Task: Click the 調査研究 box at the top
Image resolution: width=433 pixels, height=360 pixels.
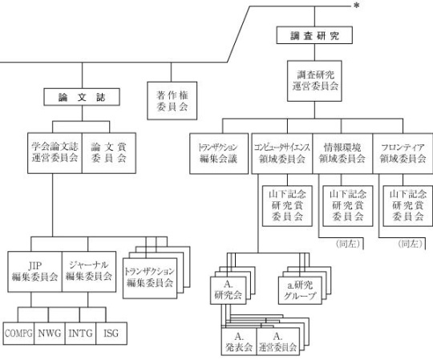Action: pyautogui.click(x=314, y=35)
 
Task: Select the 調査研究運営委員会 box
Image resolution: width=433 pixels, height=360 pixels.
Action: pyautogui.click(x=314, y=81)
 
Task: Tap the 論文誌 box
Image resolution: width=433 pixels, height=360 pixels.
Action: pyautogui.click(x=82, y=97)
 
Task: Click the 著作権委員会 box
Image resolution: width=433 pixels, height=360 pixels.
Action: pyautogui.click(x=172, y=101)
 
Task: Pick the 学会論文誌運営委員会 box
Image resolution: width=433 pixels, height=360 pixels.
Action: pyautogui.click(x=55, y=153)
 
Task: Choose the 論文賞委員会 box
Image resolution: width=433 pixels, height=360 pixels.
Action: pyautogui.click(x=109, y=153)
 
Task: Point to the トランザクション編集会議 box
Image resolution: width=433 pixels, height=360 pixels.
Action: pyautogui.click(x=219, y=154)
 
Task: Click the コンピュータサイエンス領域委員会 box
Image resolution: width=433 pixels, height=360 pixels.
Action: pyautogui.click(x=282, y=154)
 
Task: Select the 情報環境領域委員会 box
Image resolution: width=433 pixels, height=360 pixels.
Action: pyautogui.click(x=342, y=154)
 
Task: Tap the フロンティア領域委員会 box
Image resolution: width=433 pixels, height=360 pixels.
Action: pyautogui.click(x=403, y=154)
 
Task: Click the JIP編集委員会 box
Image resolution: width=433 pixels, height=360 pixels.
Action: pyautogui.click(x=34, y=272)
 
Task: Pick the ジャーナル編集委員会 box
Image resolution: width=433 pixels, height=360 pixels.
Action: pyautogui.click(x=89, y=272)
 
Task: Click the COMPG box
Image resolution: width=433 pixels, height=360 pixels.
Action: pyautogui.click(x=18, y=334)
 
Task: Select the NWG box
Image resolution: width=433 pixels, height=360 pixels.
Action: pyautogui.click(x=50, y=334)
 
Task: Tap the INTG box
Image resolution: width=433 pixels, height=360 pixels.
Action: pyautogui.click(x=81, y=334)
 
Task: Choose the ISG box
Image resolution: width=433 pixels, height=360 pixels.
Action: pyautogui.click(x=111, y=334)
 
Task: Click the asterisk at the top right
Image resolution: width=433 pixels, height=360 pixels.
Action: pyautogui.click(x=357, y=6)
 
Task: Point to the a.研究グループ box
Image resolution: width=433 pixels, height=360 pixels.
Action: pyautogui.click(x=300, y=290)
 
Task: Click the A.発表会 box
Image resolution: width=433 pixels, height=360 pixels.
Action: pyautogui.click(x=239, y=342)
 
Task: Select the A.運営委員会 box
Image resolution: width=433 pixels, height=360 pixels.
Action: pyautogui.click(x=278, y=342)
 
